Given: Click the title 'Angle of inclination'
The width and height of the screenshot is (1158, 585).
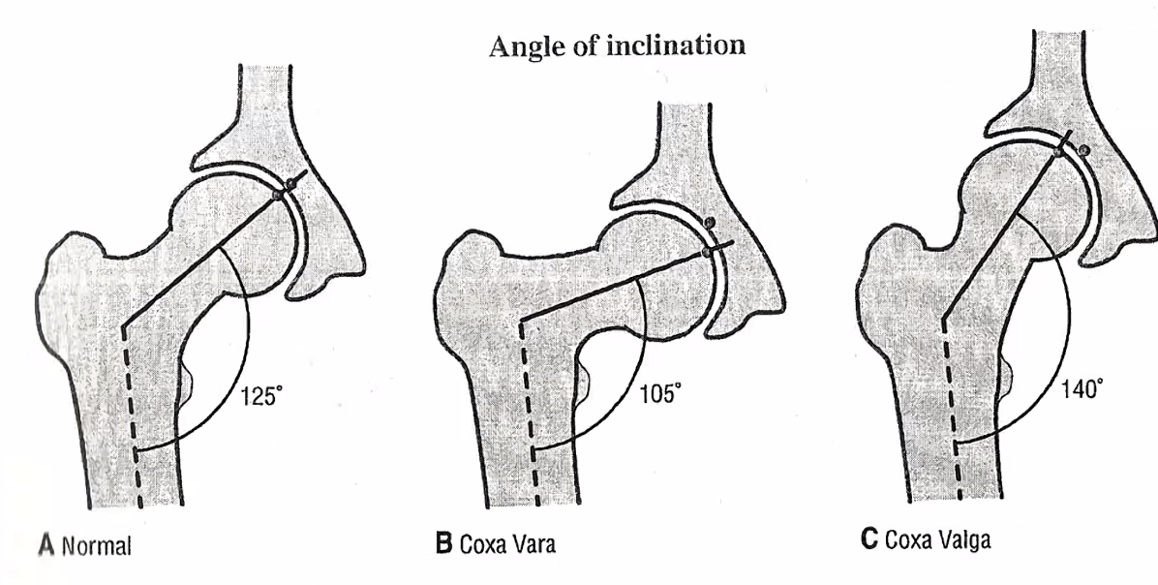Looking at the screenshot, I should pyautogui.click(x=618, y=47).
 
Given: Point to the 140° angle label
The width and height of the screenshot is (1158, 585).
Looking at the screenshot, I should pyautogui.click(x=1078, y=389).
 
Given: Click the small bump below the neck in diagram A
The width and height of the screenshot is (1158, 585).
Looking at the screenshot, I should pyautogui.click(x=187, y=382).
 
